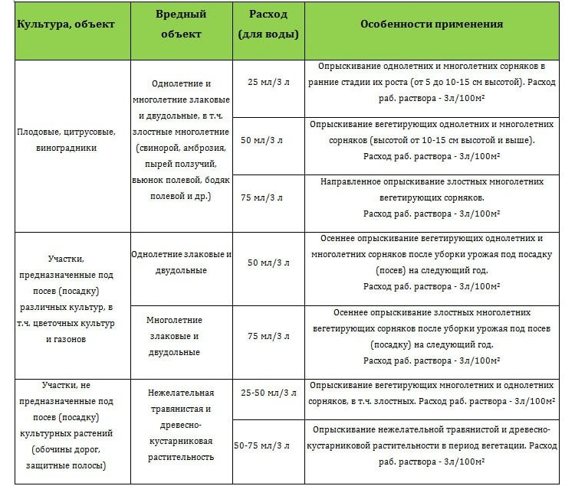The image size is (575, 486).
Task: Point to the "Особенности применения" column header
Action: tap(432, 24)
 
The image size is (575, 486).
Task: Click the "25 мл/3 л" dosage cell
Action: tap(267, 81)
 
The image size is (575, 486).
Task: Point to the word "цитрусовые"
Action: tap(89, 132)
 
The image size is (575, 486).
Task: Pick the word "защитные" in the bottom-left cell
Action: tap(44, 464)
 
